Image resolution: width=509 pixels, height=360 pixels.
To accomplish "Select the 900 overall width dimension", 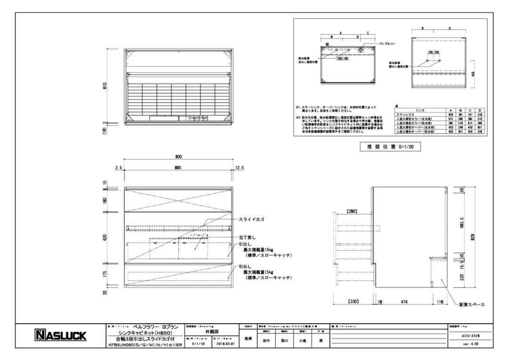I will pos(179,157).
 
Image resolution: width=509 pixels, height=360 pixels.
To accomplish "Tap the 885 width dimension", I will pos(179,168).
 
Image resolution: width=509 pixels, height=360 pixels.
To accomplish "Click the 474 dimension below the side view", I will pos(404,301).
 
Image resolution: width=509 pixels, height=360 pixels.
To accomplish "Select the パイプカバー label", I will pos(386,43).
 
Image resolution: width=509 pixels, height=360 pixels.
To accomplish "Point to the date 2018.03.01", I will pos(225,344).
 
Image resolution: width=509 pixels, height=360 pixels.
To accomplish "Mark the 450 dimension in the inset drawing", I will pos(473,73).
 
